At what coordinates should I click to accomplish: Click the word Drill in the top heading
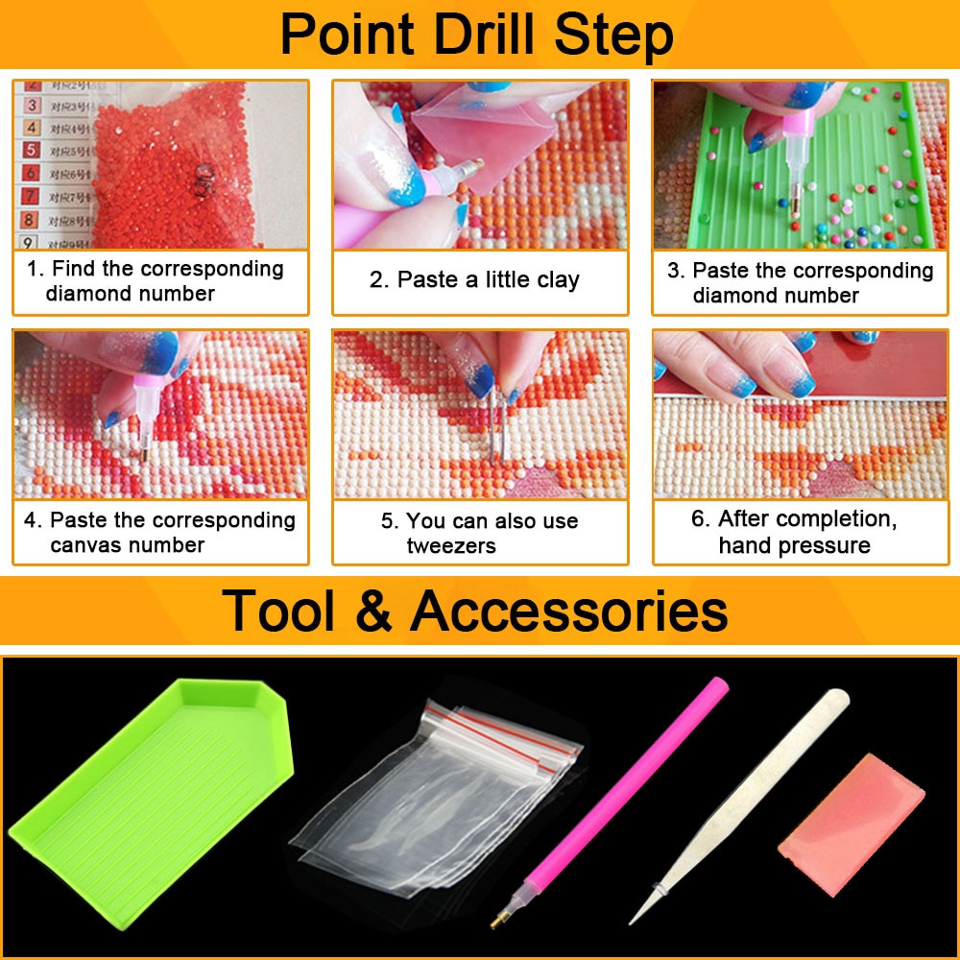pos(476,36)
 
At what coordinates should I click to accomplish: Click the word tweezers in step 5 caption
pos(451,545)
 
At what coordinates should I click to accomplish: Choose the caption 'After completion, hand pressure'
pos(794,532)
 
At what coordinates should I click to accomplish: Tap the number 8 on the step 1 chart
pos(31,218)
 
